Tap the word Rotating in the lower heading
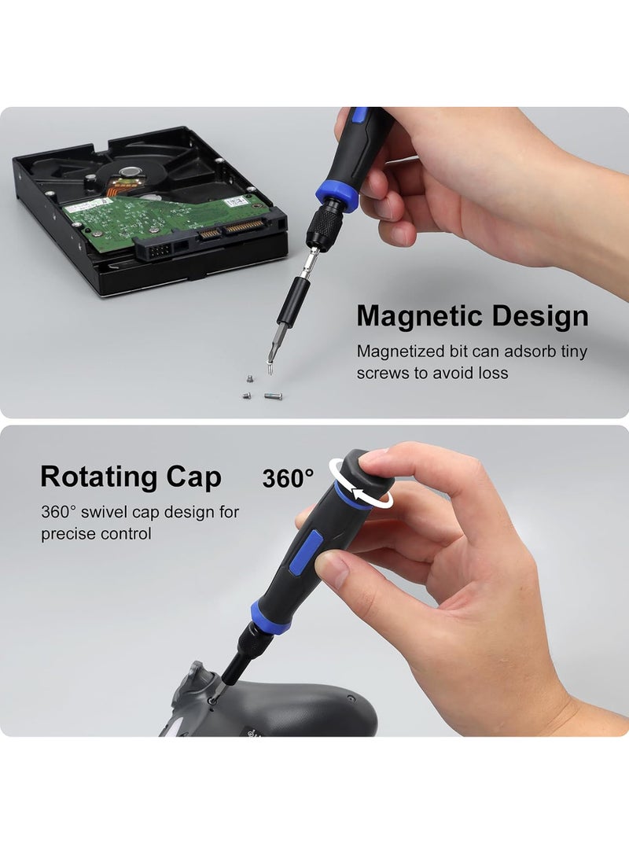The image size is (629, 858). pos(99,477)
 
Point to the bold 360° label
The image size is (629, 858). pos(288,477)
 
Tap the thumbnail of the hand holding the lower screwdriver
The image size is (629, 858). pos(334,569)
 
